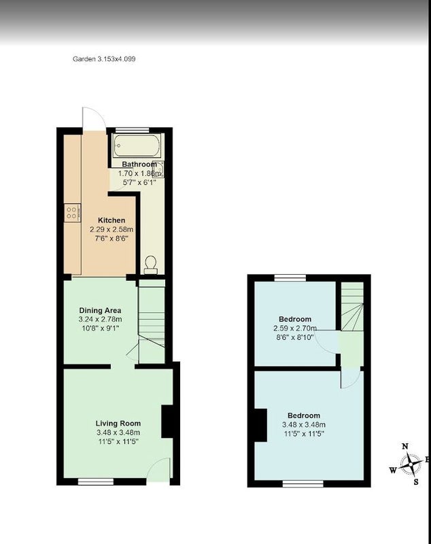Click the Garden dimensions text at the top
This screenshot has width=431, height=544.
pyautogui.click(x=104, y=59)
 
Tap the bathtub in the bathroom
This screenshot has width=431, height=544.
pyautogui.click(x=137, y=146)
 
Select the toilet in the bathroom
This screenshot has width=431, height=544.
pyautogui.click(x=151, y=265)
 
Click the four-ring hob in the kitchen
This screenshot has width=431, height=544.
pyautogui.click(x=73, y=213)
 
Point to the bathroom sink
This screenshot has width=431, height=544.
pyautogui.click(x=158, y=169)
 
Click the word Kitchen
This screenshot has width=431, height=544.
pyautogui.click(x=111, y=220)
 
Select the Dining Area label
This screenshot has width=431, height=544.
pyautogui.click(x=100, y=310)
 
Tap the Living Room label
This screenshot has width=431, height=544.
pyautogui.click(x=118, y=423)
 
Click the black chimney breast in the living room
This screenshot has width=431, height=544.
pyautogui.click(x=167, y=421)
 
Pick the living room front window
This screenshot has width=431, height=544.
pyautogui.click(x=96, y=481)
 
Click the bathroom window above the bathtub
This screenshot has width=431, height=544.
pyautogui.click(x=132, y=130)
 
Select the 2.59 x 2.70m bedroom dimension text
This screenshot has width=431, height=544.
pyautogui.click(x=295, y=328)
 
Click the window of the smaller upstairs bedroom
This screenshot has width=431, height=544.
pyautogui.click(x=290, y=277)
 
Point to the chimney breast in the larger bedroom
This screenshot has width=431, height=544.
pyautogui.click(x=261, y=426)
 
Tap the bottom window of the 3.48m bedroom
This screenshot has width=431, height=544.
pyautogui.click(x=303, y=483)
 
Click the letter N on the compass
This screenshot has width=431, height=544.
pyautogui.click(x=404, y=447)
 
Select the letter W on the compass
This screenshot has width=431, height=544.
pyautogui.click(x=393, y=471)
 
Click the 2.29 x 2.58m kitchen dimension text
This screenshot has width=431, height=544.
pyautogui.click(x=111, y=229)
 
